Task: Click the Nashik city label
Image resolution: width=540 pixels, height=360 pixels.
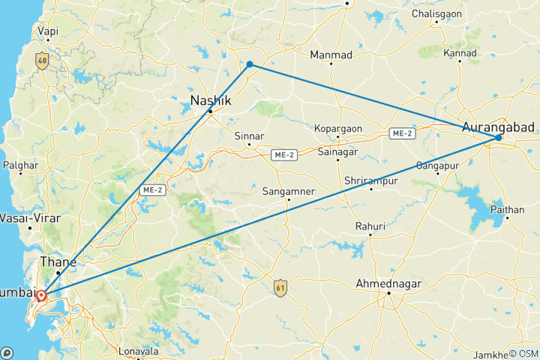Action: click(210, 100)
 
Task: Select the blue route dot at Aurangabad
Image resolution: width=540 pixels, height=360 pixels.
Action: click(498, 138)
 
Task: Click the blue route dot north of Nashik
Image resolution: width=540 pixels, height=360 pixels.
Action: click(250, 64)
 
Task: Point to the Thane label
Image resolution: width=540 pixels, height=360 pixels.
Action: click(57, 262)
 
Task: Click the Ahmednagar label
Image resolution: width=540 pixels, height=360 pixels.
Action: click(388, 283)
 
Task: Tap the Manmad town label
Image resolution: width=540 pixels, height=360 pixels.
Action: click(331, 55)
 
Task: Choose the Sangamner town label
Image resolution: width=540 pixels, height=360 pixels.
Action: click(288, 191)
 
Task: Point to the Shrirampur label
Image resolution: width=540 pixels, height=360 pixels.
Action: click(370, 181)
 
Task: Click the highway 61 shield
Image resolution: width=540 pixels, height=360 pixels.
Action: click(280, 286)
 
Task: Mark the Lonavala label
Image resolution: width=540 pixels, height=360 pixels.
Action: click(139, 351)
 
